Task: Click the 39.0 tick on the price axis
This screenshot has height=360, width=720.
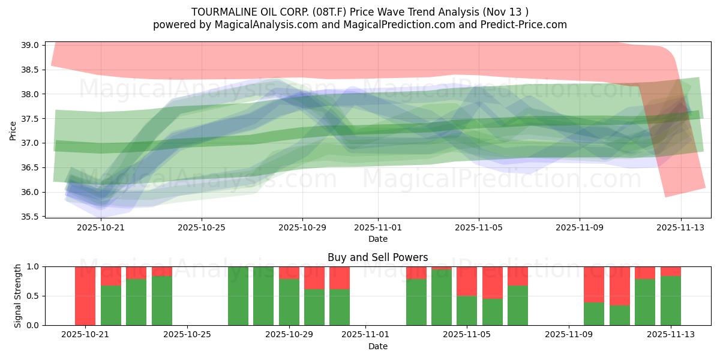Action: pyautogui.click(x=30, y=45)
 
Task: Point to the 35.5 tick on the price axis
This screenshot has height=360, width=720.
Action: pyautogui.click(x=30, y=217)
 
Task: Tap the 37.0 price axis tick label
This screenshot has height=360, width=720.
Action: pyautogui.click(x=30, y=143)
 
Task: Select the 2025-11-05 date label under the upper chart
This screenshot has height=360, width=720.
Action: pyautogui.click(x=479, y=228)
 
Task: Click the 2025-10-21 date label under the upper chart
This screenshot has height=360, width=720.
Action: pyautogui.click(x=101, y=228)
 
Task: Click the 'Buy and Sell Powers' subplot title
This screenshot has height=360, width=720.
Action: pyautogui.click(x=377, y=257)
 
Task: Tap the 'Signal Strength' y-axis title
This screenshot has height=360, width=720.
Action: pyautogui.click(x=18, y=296)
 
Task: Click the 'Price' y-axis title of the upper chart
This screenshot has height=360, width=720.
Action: pyautogui.click(x=13, y=130)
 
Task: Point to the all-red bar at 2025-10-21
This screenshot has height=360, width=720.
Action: pyautogui.click(x=85, y=296)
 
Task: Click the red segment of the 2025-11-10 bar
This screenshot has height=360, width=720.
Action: pyautogui.click(x=594, y=284)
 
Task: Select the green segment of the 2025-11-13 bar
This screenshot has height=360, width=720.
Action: pyautogui.click(x=671, y=300)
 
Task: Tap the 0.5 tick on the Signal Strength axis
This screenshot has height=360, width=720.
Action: pyautogui.click(x=33, y=296)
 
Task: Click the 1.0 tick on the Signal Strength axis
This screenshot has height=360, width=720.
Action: pyautogui.click(x=33, y=266)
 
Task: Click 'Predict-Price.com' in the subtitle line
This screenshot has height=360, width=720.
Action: pyautogui.click(x=524, y=25)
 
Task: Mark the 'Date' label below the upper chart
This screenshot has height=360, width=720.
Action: pyautogui.click(x=377, y=239)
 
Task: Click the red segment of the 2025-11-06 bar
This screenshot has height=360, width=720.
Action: pyautogui.click(x=493, y=282)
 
